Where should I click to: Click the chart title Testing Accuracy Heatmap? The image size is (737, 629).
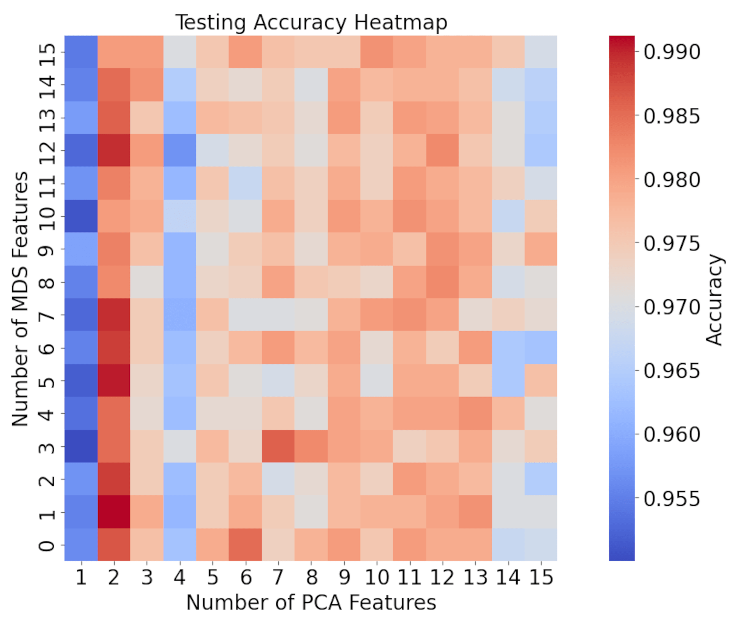311,22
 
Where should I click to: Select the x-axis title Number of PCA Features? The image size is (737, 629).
311,602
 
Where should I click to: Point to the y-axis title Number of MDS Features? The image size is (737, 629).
20,299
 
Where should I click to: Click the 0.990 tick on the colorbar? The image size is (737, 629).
672,52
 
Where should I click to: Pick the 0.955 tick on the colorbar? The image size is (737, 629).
672,499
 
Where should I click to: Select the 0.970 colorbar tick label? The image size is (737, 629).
672,307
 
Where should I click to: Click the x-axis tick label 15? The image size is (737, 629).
541,577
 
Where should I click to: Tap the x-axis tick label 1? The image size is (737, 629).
81,577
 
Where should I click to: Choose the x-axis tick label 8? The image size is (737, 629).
311,577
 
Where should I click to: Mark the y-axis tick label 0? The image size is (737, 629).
46,545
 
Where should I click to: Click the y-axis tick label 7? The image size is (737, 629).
46,315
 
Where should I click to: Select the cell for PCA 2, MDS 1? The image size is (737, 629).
114,512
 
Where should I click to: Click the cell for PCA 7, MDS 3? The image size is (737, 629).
278,446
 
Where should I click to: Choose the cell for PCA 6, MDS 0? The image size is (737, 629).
245,545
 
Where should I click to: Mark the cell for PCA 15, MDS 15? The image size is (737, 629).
541,52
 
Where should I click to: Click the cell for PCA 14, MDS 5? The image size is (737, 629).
508,380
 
